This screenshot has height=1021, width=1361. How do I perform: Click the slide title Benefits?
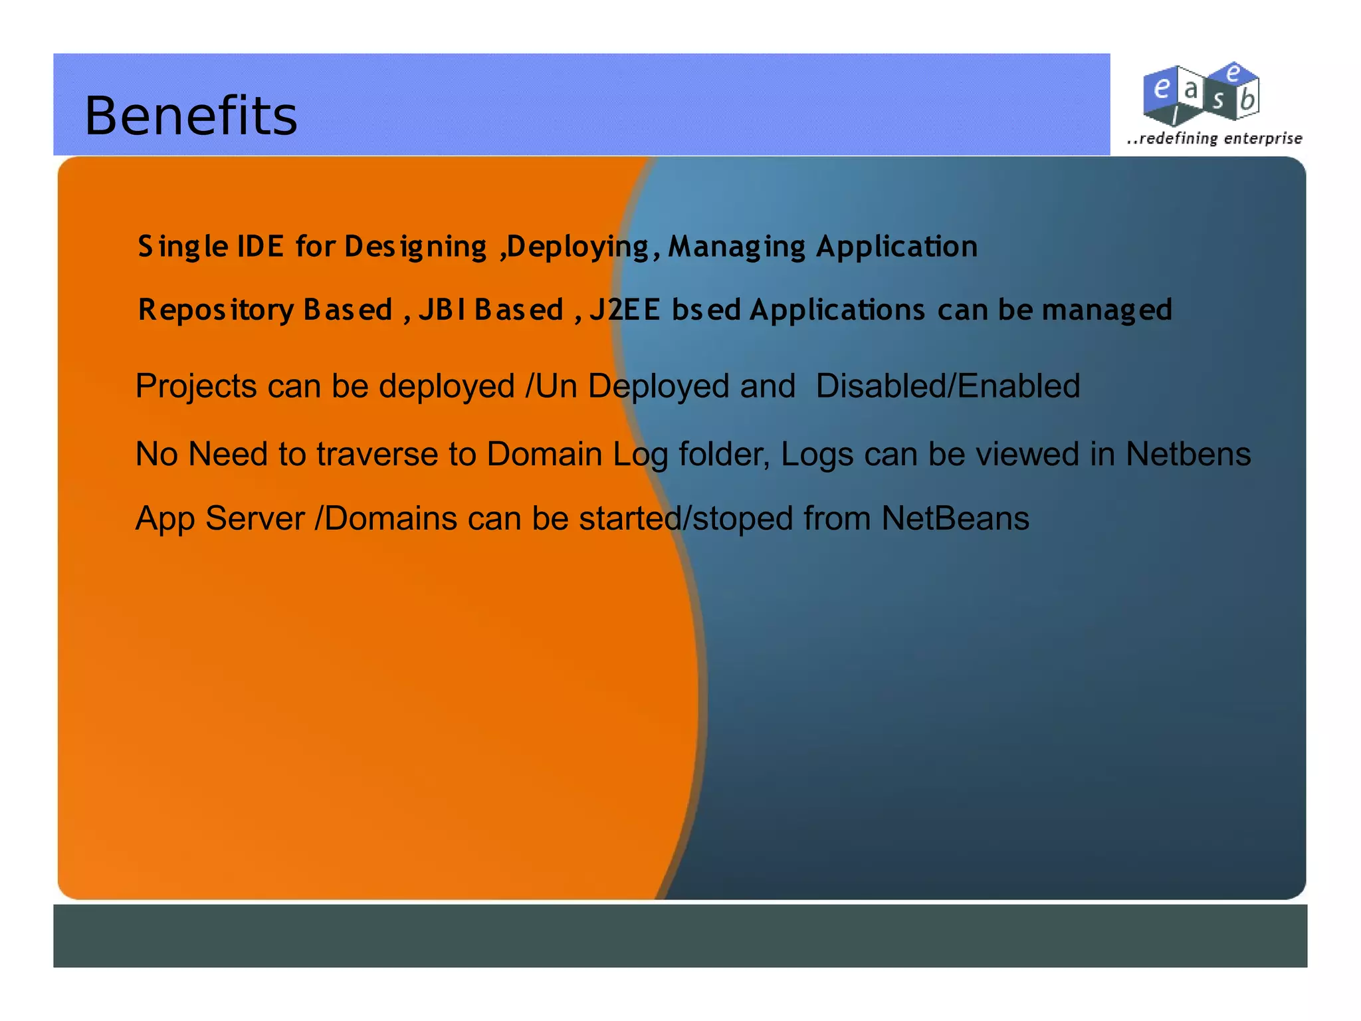191,116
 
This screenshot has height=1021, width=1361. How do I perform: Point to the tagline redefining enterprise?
1215,138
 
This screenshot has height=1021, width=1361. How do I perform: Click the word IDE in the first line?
261,247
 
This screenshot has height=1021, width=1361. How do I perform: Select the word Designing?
415,247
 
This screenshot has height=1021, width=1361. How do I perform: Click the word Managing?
736,247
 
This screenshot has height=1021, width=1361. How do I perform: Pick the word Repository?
216,310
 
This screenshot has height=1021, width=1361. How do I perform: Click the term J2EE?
625,310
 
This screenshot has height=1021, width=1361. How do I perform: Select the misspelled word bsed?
706,310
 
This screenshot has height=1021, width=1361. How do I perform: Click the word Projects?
196,386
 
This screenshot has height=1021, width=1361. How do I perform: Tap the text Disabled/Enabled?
948,386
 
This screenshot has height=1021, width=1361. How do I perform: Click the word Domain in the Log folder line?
544,455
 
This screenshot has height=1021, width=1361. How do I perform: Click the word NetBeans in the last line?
955,518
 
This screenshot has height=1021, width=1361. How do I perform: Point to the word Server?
255,518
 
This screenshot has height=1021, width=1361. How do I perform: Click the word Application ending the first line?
897,247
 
